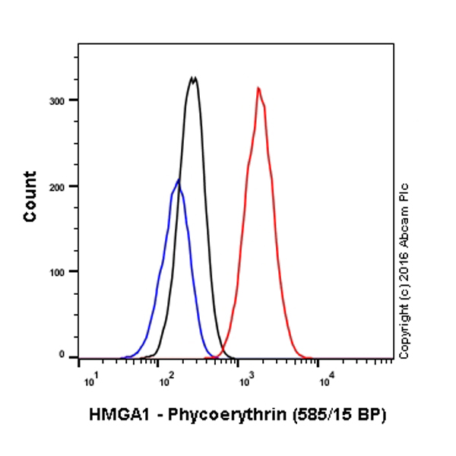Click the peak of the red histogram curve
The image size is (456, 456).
pos(259,88)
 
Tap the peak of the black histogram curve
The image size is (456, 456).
pos(193,78)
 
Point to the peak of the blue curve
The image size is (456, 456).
pos(179,180)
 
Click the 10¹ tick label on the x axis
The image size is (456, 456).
pos(88,378)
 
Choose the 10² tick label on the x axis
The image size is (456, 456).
pos(161,378)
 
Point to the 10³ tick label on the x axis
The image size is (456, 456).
pos(242,378)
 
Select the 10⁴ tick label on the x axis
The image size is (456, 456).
pos(325,378)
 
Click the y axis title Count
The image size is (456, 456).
pos(30,196)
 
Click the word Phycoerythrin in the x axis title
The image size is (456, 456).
pos(214,415)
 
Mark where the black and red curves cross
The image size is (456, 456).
pos(220,350)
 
